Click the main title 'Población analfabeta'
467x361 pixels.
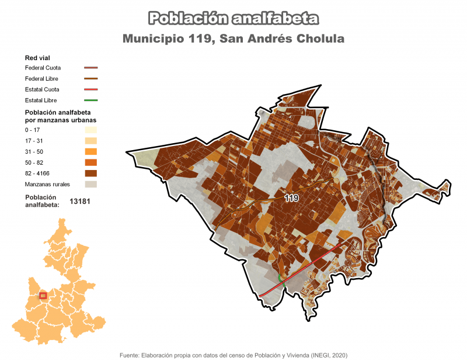coord(233,19)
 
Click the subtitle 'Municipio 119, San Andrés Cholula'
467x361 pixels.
coord(233,39)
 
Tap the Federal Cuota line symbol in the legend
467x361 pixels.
coord(90,68)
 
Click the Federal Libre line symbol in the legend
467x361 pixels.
coord(90,78)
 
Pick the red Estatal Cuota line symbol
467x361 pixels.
coord(90,89)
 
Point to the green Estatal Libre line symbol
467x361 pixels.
coord(90,100)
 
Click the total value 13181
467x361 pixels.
coord(83,202)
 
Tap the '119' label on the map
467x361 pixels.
coord(291,199)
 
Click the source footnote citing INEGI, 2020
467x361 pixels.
coord(233,355)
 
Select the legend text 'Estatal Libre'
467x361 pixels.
coord(41,100)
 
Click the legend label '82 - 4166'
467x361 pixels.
coord(38,173)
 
